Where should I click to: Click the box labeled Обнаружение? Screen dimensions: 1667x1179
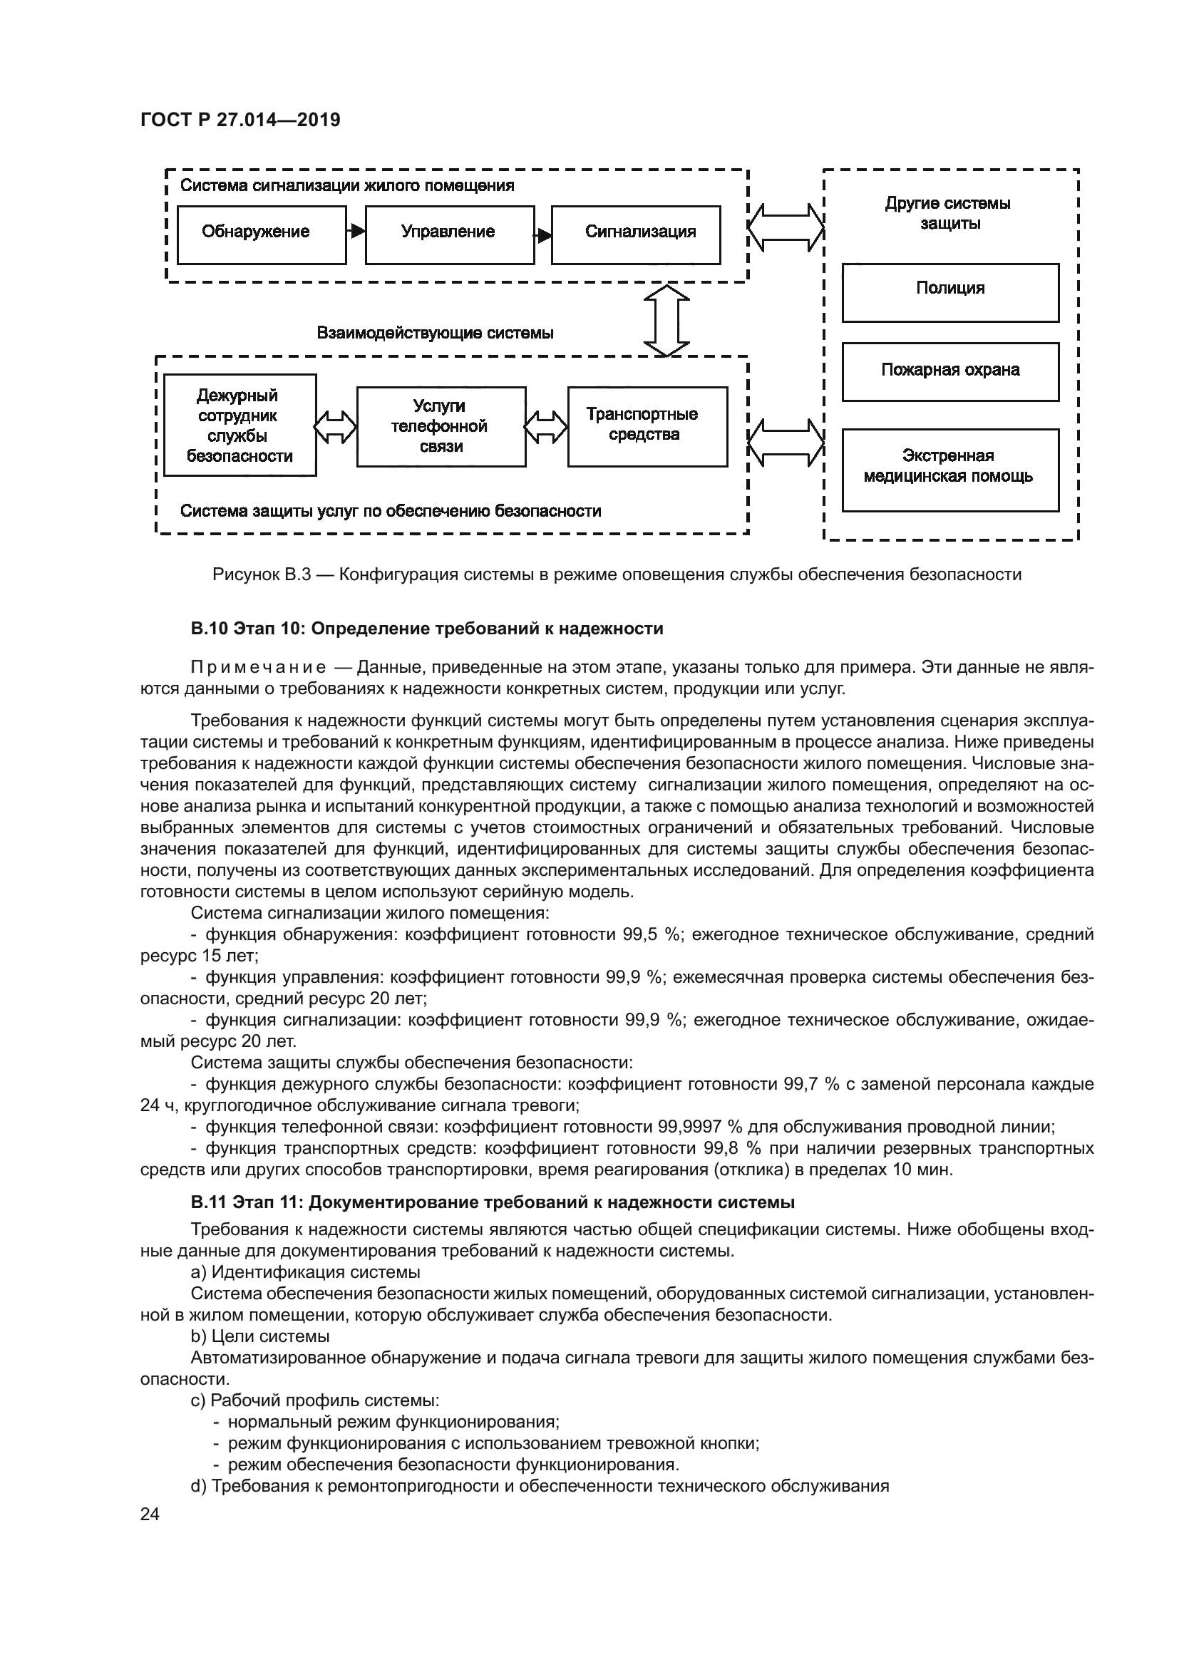[262, 234]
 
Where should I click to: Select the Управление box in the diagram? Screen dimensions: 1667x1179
[448, 234]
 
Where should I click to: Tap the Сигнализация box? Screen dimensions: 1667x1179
[635, 234]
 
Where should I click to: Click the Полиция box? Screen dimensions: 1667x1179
[949, 292]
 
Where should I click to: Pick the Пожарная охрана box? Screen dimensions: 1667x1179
[949, 372]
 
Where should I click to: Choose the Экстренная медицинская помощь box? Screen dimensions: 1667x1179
[949, 469]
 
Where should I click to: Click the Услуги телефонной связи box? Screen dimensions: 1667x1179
[441, 426]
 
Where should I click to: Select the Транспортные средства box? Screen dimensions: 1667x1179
[647, 426]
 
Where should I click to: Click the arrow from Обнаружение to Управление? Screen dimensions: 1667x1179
[356, 232]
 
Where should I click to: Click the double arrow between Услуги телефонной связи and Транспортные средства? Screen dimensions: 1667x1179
[546, 426]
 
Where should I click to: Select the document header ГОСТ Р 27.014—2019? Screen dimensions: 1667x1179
[240, 120]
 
